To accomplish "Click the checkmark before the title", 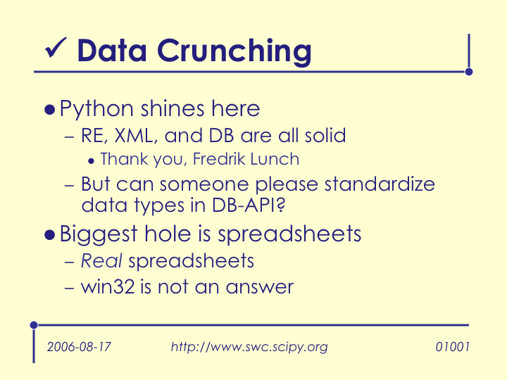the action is [x=56, y=48].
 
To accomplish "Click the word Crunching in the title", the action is [x=234, y=51].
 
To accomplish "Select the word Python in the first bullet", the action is [x=96, y=109].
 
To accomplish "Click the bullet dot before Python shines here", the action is [x=49, y=110].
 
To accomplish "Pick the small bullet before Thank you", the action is [x=91, y=160].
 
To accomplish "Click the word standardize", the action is [x=380, y=184].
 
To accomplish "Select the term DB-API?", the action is [x=249, y=205].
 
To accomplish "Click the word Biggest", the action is [x=99, y=235].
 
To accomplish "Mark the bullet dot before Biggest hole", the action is [x=49, y=235].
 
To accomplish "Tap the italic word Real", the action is [x=101, y=260].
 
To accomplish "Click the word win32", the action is [x=108, y=286].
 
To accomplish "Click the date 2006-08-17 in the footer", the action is [x=79, y=347].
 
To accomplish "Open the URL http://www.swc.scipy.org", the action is [x=249, y=347].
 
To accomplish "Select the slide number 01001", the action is [x=452, y=347].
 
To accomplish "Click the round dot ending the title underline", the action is [x=469, y=72].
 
